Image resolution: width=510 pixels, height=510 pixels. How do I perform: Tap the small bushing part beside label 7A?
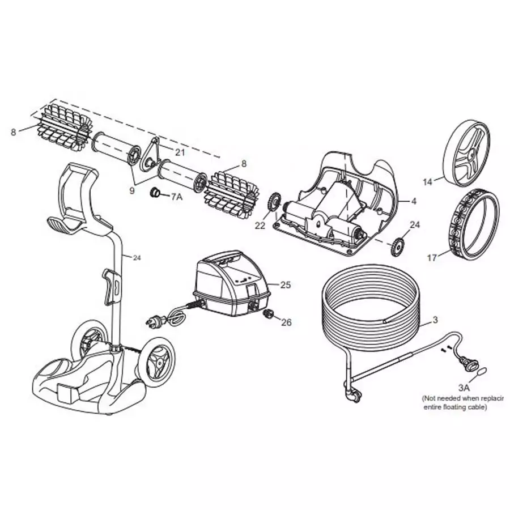click(x=153, y=193)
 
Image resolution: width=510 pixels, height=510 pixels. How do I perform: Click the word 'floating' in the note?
click(x=460, y=407)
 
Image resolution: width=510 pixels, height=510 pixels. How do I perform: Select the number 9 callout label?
click(x=131, y=191)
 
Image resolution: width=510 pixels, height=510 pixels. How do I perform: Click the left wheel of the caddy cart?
click(x=86, y=343)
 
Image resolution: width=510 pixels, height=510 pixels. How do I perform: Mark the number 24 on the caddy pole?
click(x=136, y=258)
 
